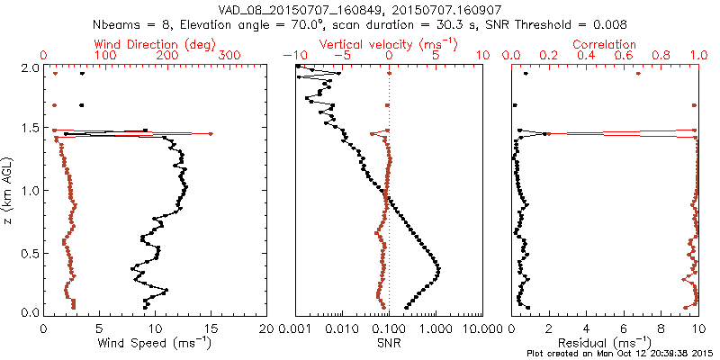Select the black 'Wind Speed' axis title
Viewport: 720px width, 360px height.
(x=155, y=343)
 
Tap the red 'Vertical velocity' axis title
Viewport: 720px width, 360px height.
(x=388, y=43)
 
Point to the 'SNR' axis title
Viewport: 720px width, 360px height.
(x=388, y=343)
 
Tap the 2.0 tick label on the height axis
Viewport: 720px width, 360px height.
(x=30, y=67)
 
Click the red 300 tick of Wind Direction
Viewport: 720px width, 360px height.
(x=229, y=55)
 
